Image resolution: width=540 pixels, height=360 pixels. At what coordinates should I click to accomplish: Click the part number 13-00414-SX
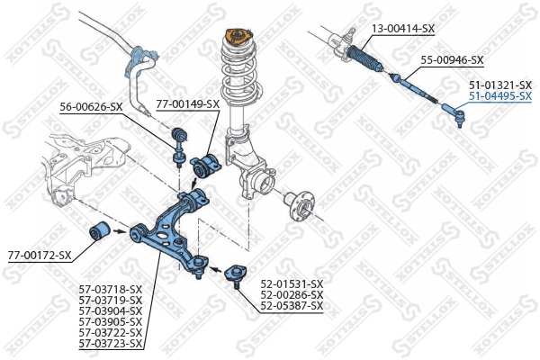[403, 29]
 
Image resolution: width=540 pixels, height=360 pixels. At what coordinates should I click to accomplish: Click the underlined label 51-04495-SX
[499, 94]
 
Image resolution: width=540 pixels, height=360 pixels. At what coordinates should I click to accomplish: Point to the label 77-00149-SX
[188, 104]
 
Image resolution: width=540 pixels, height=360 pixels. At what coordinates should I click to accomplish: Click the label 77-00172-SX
[39, 256]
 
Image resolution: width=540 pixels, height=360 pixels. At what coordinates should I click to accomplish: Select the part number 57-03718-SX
[111, 289]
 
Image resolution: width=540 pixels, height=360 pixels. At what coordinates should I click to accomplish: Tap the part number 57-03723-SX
[111, 343]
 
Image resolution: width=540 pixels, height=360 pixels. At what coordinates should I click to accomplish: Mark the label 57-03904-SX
[111, 310]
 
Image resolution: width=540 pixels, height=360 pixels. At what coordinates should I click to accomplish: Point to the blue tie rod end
[453, 112]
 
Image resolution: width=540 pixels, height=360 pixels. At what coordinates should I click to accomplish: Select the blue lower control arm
[171, 229]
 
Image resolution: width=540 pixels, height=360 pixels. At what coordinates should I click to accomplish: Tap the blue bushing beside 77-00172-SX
[101, 229]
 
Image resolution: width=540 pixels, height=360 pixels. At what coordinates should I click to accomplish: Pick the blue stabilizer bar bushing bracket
[140, 58]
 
